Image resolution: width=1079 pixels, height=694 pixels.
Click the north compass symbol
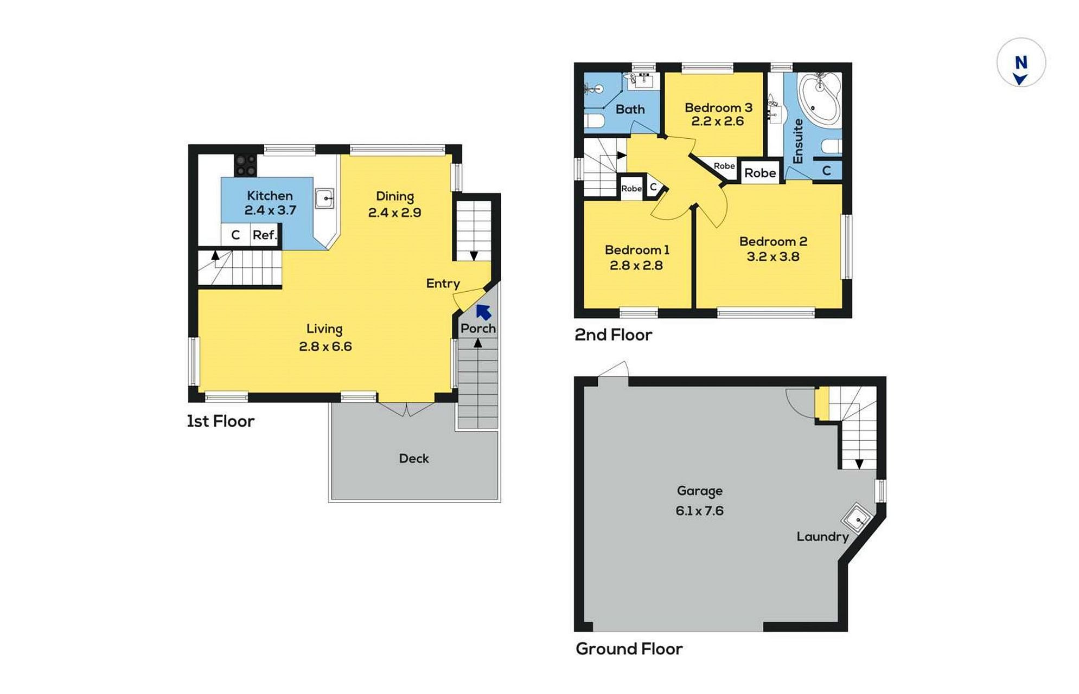point(1021,62)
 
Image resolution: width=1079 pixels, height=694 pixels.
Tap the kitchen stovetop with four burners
point(246,165)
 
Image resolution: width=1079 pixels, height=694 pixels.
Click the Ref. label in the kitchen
point(265,235)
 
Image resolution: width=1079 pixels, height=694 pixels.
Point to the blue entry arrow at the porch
point(483,312)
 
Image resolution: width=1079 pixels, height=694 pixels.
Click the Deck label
point(414,459)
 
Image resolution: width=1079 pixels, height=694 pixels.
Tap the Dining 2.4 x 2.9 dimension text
point(395,213)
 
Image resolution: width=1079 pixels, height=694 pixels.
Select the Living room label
point(324,329)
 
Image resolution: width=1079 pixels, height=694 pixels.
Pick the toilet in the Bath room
point(593,120)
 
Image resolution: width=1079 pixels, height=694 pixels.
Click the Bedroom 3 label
point(718,107)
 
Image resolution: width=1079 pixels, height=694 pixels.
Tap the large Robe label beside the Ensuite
point(760,173)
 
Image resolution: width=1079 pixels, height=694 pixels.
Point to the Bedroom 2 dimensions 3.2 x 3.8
point(773,256)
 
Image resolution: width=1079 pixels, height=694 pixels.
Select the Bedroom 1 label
point(637,250)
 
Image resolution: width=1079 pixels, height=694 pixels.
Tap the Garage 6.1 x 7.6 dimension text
point(700,511)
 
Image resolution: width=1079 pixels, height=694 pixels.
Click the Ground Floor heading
point(629,649)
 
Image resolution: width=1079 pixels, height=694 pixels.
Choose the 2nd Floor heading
point(614,335)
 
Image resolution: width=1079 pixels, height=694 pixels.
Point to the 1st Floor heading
point(221,421)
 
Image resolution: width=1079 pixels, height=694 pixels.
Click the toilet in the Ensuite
point(832,146)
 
